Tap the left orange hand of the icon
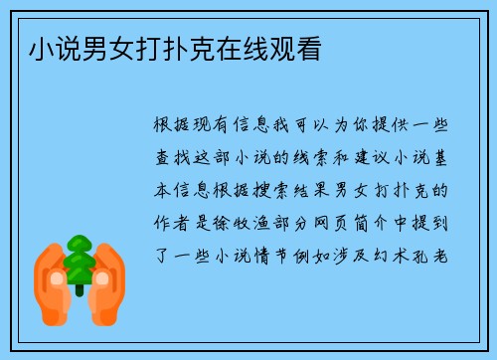point(52,277)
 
